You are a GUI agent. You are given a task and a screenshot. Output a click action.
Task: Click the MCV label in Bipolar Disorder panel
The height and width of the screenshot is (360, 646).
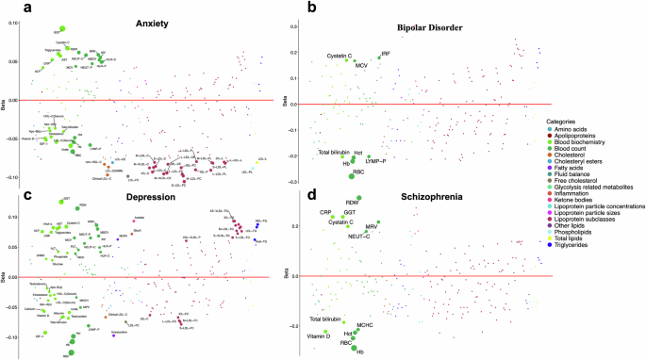(x=361, y=66)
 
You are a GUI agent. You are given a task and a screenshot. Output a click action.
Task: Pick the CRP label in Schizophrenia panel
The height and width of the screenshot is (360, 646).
(x=325, y=213)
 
